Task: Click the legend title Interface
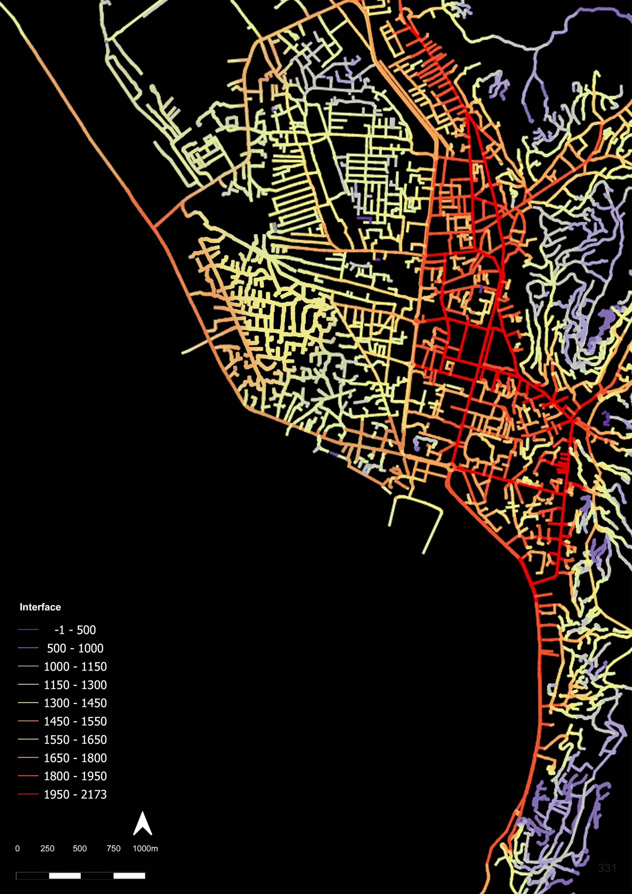tap(40, 607)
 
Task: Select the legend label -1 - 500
tap(75, 630)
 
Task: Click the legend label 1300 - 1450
tap(75, 703)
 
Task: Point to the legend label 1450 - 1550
tap(75, 721)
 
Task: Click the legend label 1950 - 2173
tap(75, 795)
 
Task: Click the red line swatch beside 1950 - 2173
tap(28, 794)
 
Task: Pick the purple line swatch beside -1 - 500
tap(28, 629)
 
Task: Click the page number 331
tap(607, 868)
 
